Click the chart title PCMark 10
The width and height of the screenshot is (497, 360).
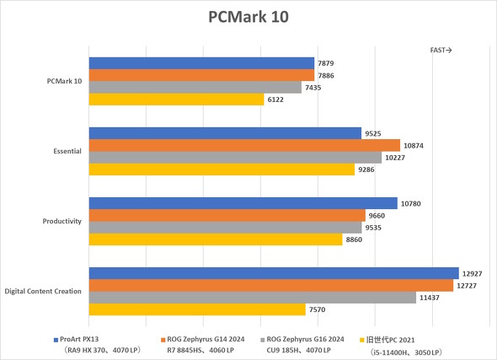[248, 19]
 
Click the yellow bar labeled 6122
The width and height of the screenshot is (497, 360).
[176, 99]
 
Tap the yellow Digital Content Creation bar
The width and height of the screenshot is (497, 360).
[197, 309]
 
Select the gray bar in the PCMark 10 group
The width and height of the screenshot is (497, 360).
[195, 88]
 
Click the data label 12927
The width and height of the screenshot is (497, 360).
[473, 273]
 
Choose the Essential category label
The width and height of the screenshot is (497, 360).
[67, 151]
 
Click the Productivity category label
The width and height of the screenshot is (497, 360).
[61, 221]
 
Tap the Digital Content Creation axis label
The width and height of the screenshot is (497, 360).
[43, 291]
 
